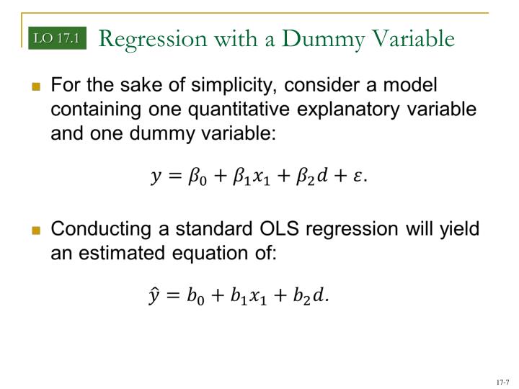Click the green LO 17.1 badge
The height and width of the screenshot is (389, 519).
(x=57, y=38)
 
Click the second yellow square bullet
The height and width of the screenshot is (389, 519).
(x=36, y=231)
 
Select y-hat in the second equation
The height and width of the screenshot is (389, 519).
(x=154, y=296)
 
